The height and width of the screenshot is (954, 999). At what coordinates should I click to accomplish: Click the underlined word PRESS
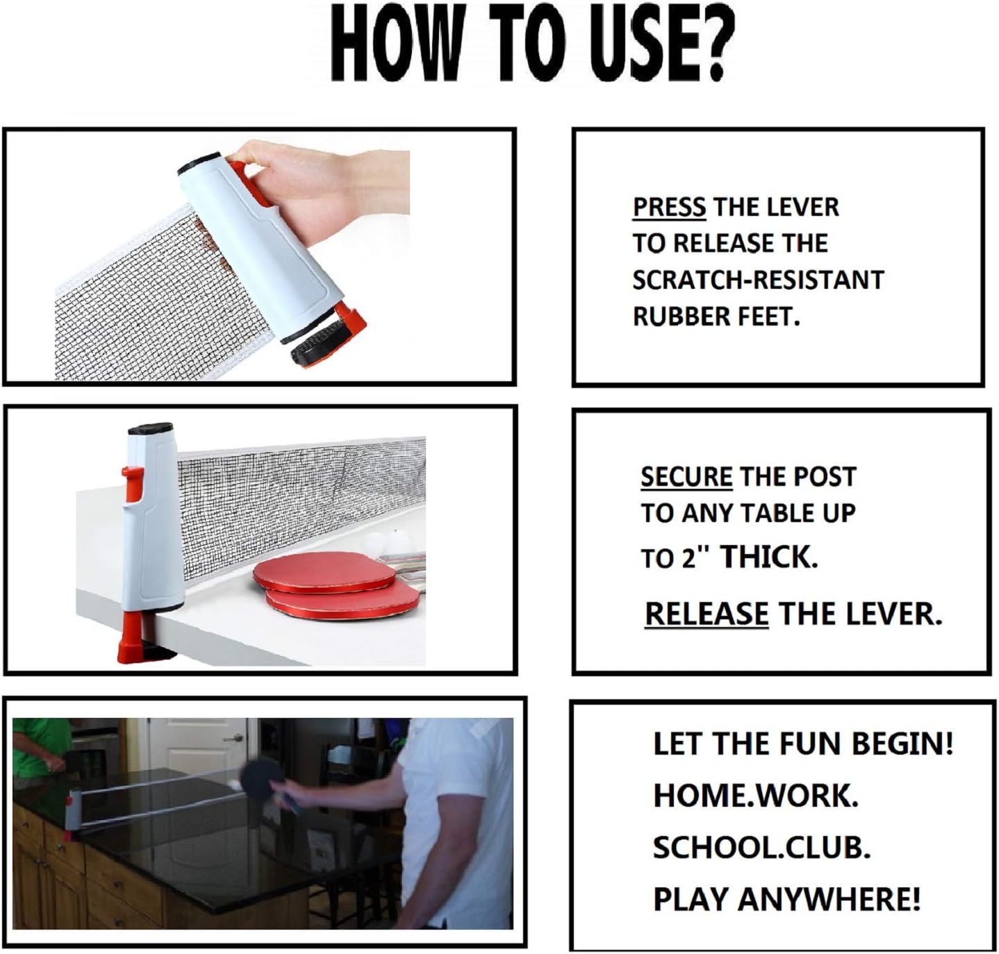[x=669, y=208]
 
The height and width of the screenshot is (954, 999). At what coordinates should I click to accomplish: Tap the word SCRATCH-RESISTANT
[x=758, y=281]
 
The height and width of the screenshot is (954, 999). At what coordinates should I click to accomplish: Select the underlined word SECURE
[x=686, y=477]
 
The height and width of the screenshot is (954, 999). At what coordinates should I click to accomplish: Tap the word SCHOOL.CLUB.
[x=762, y=847]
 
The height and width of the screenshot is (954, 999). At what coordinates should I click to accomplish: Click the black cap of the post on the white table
[x=151, y=429]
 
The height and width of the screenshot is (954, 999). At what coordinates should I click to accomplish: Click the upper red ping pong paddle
[x=324, y=571]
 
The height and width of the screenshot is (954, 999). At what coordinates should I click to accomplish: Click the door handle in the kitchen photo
[x=236, y=739]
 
